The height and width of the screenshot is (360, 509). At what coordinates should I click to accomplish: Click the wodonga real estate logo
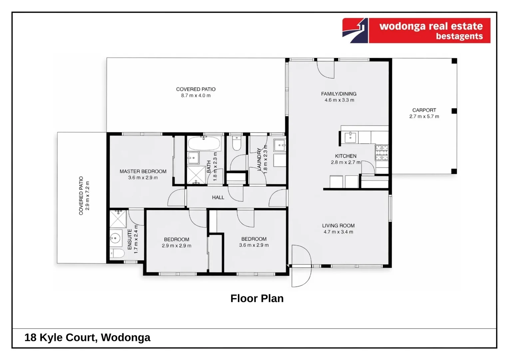[416, 31]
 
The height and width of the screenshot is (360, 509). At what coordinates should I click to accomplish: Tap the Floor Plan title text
[257, 298]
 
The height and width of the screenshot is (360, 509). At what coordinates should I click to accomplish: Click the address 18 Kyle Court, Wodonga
[87, 337]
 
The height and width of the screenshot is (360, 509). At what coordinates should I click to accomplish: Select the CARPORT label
[424, 110]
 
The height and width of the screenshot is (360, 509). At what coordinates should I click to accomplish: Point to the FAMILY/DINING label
[339, 94]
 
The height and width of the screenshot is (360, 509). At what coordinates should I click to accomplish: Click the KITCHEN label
[345, 156]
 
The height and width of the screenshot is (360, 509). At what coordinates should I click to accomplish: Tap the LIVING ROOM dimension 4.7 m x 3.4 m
[338, 232]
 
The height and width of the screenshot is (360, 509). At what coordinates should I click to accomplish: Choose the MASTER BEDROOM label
[143, 171]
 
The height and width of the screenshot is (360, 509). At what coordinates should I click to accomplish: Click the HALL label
[218, 197]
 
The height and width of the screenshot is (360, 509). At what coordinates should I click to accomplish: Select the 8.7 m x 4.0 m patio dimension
[196, 96]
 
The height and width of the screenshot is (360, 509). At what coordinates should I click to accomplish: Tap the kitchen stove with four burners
[382, 153]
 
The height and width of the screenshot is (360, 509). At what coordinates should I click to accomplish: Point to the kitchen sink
[350, 137]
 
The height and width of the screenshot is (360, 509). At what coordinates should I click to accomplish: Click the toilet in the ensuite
[117, 253]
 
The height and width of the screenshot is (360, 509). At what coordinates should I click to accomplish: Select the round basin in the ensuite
[115, 238]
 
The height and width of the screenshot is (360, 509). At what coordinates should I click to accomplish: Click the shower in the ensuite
[118, 219]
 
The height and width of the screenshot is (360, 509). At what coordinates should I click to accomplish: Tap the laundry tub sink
[279, 145]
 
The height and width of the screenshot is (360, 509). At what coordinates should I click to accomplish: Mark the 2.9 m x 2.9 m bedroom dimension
[177, 246]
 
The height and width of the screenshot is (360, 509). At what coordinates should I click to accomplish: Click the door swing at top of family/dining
[326, 69]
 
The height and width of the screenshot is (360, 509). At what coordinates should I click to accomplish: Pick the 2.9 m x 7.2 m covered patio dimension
[88, 196]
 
